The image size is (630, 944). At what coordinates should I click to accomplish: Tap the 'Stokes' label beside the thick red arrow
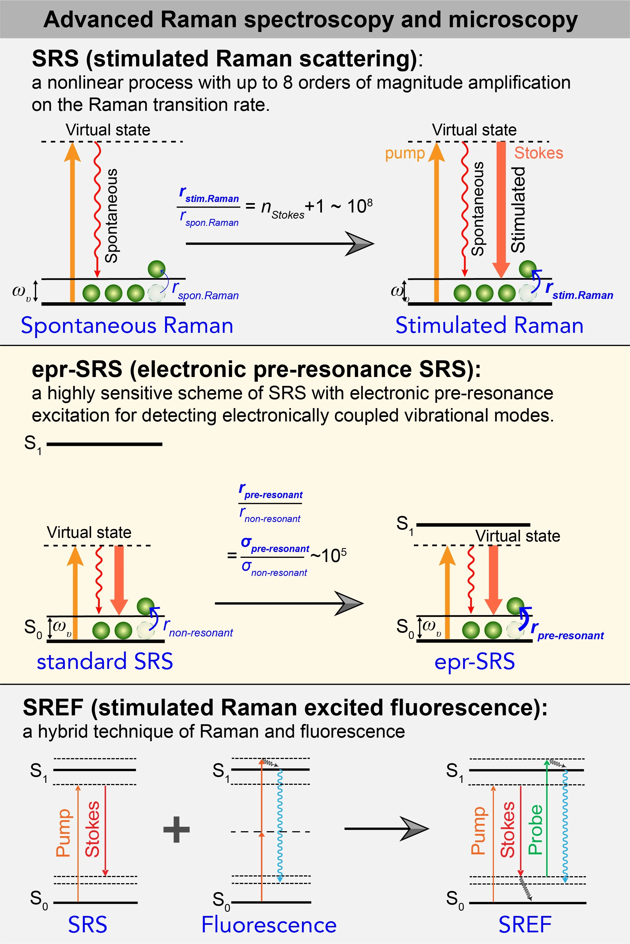click(538, 153)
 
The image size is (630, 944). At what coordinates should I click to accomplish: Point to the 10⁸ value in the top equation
click(360, 206)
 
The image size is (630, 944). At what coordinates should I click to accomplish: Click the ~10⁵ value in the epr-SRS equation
click(329, 555)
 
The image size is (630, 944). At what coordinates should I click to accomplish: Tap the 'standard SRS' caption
click(105, 661)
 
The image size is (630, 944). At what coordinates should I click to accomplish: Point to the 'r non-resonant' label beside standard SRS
click(198, 628)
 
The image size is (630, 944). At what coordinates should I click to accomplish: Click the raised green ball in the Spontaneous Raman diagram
click(156, 269)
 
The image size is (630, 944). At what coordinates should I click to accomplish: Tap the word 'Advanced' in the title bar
click(98, 20)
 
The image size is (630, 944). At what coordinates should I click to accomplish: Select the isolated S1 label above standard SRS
click(32, 444)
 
